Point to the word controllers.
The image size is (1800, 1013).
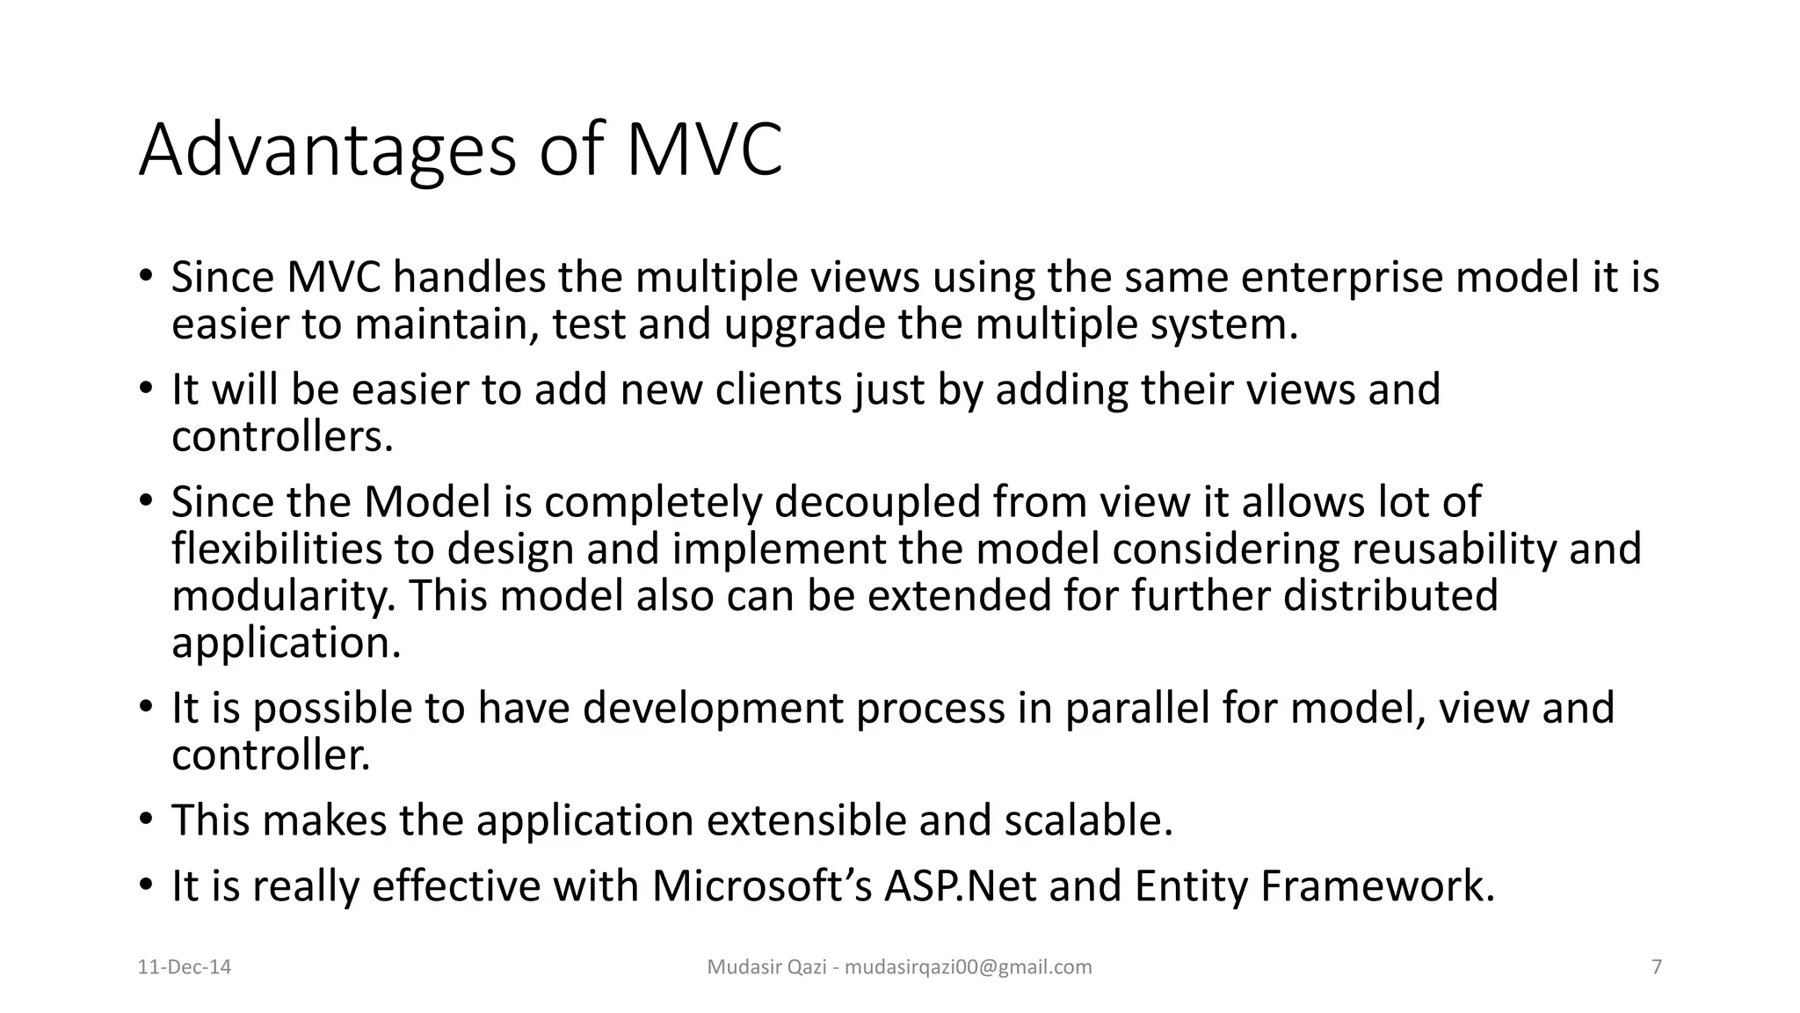[x=281, y=436]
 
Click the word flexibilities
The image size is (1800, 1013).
[x=277, y=549]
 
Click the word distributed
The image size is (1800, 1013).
[x=1390, y=595]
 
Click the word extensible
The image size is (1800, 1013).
[x=806, y=820]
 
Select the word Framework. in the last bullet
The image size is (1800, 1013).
[x=1377, y=885]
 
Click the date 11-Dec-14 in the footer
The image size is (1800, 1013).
[x=185, y=967]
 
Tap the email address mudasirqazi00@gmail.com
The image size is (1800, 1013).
[x=968, y=967]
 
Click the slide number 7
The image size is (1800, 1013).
[x=1657, y=967]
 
